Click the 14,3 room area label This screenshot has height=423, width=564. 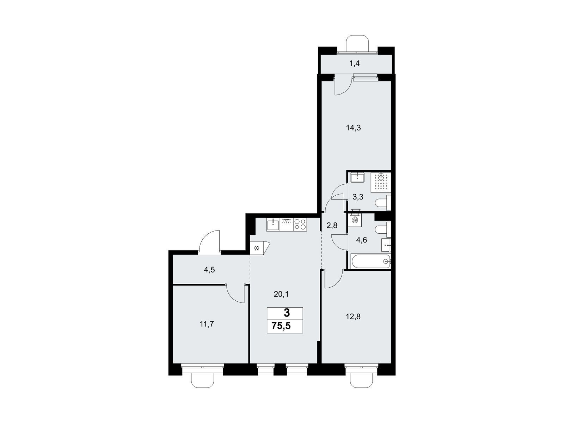click(354, 128)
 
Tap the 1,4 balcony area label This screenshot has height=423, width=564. click(354, 64)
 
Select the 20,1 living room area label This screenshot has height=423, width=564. click(281, 294)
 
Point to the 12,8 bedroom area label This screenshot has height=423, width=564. click(353, 317)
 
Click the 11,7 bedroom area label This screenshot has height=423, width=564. click(207, 324)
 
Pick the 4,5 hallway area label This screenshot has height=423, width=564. click(209, 270)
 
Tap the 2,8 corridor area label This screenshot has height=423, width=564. click(331, 226)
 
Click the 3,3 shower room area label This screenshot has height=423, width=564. click(358, 197)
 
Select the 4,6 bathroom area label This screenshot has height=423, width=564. click(361, 240)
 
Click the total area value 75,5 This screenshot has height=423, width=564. click(281, 326)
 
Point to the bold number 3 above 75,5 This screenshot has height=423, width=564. click(287, 313)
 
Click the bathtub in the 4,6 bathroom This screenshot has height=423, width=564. click(369, 262)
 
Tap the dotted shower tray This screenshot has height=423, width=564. click(381, 183)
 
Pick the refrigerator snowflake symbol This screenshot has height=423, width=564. click(256, 248)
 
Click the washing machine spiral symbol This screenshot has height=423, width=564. click(355, 220)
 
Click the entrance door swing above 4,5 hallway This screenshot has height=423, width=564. click(210, 242)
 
